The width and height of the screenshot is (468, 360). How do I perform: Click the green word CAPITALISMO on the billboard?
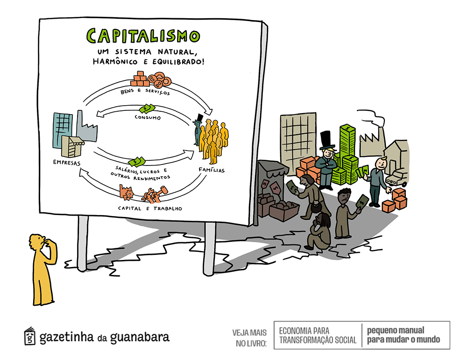pos(143,36)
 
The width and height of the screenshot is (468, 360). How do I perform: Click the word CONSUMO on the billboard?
pos(147,118)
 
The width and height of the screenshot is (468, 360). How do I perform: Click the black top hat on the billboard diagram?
pos(199,117)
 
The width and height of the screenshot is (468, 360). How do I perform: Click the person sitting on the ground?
pos(319,232)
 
